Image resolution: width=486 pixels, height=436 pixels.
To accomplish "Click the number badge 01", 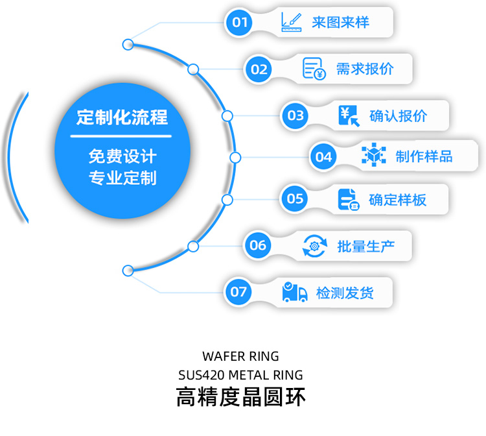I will [x=240, y=23].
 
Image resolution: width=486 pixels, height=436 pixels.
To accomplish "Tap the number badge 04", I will [x=323, y=156].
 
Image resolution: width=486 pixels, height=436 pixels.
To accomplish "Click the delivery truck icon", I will [x=295, y=292].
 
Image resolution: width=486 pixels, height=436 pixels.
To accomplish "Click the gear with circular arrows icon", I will [x=314, y=245].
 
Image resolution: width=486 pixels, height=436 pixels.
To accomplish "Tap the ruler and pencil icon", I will [x=292, y=22].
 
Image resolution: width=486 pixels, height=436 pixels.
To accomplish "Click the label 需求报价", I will [x=364, y=68].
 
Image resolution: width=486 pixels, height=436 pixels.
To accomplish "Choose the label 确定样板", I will [x=397, y=199].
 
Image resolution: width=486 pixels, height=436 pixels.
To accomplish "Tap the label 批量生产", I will [x=365, y=246].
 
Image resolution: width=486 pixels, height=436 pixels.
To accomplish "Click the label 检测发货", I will [x=345, y=293].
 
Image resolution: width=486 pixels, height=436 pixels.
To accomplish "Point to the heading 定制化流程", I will [x=122, y=117].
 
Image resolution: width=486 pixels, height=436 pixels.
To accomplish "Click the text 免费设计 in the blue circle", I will [x=122, y=156].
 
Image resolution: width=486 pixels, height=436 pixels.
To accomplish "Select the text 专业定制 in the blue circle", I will [x=122, y=177].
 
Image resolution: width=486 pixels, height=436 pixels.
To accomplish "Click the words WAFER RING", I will [x=240, y=356].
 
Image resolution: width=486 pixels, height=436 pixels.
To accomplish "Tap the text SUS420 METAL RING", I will [x=240, y=375].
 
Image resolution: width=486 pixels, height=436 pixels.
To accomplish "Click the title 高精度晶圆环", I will [x=240, y=396].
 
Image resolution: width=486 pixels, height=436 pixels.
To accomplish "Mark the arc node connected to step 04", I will [x=235, y=157].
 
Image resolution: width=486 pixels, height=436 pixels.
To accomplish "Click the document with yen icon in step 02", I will [x=314, y=68].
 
